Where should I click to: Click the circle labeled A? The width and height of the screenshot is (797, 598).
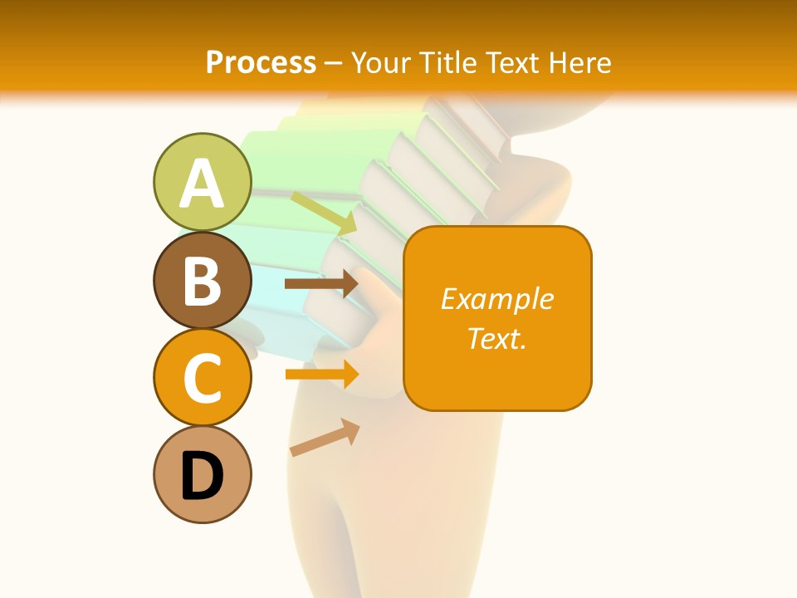click(202, 182)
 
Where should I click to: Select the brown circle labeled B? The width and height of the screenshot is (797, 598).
click(202, 280)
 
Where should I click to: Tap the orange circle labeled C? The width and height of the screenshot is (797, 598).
click(202, 377)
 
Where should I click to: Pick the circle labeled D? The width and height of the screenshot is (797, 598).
click(202, 474)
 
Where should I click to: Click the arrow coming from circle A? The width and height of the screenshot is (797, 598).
click(324, 213)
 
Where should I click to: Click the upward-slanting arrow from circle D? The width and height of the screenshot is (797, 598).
click(325, 438)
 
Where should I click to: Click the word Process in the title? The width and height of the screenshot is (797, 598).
click(261, 62)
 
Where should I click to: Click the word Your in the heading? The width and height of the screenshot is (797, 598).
click(383, 62)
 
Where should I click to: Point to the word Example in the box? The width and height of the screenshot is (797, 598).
click(496, 299)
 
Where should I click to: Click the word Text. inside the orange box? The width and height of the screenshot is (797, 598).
click(496, 338)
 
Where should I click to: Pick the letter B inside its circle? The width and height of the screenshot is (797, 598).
click(202, 281)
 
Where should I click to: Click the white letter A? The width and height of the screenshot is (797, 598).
click(202, 184)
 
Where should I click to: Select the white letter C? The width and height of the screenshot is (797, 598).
click(202, 379)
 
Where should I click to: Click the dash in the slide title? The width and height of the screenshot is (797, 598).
click(334, 63)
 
